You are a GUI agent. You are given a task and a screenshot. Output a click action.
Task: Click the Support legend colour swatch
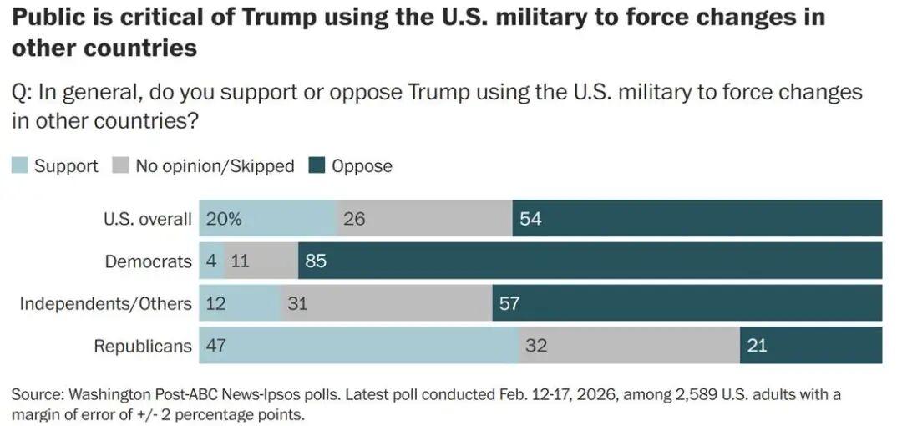(x=20, y=165)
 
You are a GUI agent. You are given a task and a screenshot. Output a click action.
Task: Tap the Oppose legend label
(x=362, y=165)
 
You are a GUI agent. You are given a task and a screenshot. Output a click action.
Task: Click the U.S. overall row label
(x=147, y=220)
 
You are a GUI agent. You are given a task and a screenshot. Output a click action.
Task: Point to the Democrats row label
(x=148, y=261)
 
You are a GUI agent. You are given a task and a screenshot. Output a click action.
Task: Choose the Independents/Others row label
(x=105, y=303)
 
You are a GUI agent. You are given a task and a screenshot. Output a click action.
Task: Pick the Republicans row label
(x=142, y=346)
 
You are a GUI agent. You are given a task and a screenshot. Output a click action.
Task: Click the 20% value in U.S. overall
(x=224, y=220)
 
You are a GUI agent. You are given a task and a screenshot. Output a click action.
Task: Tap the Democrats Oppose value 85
(x=316, y=261)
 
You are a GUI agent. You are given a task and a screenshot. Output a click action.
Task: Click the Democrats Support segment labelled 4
(x=211, y=261)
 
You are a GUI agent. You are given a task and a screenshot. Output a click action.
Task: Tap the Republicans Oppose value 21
(x=757, y=346)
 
